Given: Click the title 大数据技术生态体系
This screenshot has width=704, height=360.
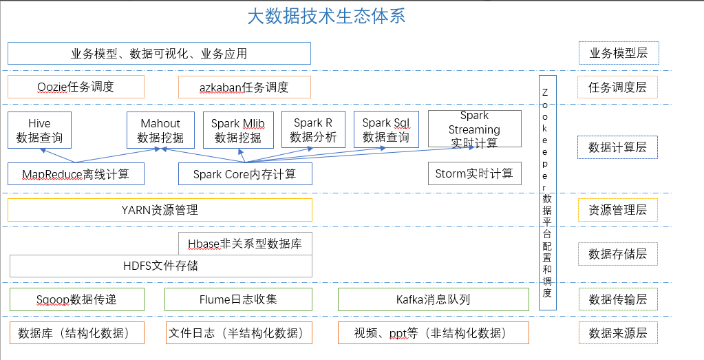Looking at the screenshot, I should (x=326, y=17).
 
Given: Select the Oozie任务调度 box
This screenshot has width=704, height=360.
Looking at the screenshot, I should (x=76, y=87).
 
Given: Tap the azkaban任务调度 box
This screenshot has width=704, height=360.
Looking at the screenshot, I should (x=244, y=87).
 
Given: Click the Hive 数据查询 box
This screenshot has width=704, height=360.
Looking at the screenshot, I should (x=39, y=130).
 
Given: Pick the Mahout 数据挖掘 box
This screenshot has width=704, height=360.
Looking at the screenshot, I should (x=160, y=130).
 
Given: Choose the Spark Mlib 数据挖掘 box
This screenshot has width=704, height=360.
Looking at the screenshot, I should (x=238, y=130).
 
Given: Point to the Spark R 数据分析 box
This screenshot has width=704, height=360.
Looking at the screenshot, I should (x=313, y=129).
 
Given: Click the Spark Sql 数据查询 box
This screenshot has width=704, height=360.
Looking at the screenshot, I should (x=386, y=129).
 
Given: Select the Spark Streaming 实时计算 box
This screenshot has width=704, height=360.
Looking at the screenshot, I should (x=474, y=129).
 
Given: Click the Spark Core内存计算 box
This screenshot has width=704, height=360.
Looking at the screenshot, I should (x=244, y=174).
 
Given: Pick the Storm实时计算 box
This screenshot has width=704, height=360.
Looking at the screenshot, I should (x=474, y=173).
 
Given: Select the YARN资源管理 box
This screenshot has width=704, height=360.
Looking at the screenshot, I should (x=160, y=210).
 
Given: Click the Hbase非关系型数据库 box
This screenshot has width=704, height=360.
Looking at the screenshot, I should (x=244, y=244).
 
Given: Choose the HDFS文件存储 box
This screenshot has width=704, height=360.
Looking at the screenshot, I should (x=160, y=266).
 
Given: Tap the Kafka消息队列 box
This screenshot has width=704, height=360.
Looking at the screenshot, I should (x=434, y=299).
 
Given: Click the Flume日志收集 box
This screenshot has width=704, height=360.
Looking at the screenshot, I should (x=238, y=299).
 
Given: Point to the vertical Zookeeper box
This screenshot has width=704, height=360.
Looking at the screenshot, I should (x=547, y=193).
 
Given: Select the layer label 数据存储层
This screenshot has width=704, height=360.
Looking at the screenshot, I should (x=617, y=254).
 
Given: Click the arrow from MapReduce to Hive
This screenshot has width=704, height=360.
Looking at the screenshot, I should (x=58, y=156).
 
